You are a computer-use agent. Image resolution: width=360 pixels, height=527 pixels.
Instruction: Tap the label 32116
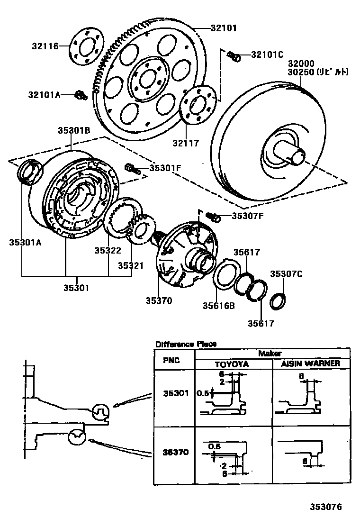[x=45, y=46]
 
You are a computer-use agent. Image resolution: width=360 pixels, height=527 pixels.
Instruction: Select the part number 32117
[x=186, y=143]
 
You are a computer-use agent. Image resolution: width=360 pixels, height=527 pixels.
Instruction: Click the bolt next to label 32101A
[x=80, y=95]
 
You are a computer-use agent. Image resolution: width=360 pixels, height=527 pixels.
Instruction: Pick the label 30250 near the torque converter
[x=300, y=73]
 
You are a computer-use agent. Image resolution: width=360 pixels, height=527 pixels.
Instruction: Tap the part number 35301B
[x=74, y=130]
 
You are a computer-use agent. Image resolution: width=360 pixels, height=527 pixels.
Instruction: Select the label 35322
[x=107, y=251]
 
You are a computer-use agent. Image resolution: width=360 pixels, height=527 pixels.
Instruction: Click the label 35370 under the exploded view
[x=159, y=300]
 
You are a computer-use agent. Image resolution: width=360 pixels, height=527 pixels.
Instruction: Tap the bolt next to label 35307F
[x=214, y=217]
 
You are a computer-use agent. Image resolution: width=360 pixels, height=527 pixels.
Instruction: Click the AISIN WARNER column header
[x=310, y=363]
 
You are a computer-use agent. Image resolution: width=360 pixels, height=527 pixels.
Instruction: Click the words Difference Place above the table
[x=186, y=344]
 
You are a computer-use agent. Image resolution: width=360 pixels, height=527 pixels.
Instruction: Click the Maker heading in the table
[x=270, y=353]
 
